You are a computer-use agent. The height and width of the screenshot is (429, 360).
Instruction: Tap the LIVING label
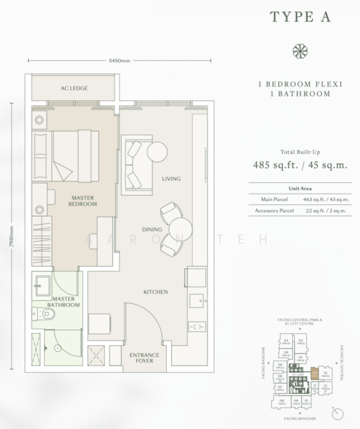coord(170,179)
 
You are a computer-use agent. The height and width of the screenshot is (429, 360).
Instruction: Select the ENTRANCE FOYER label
coord(143,358)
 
